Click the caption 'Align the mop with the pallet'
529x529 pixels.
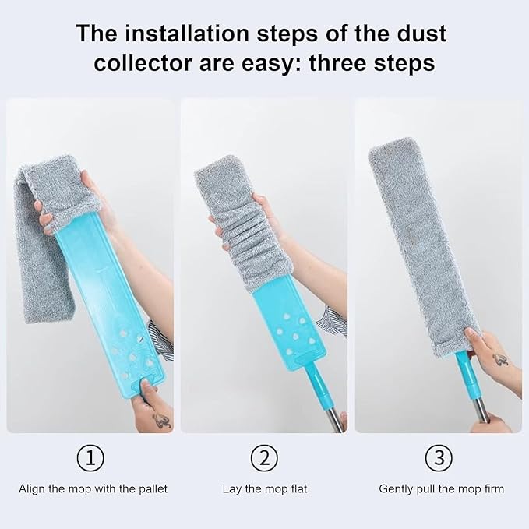coord(93,489)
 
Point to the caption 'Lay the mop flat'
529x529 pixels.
coord(266,489)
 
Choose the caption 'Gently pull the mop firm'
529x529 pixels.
coord(441,489)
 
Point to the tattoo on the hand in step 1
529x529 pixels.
coord(161,421)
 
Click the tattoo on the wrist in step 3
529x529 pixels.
coord(499,359)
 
